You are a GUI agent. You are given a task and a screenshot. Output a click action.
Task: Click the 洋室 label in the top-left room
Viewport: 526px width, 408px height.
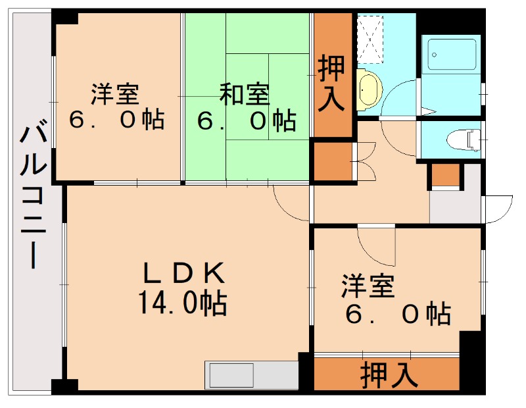[116, 95]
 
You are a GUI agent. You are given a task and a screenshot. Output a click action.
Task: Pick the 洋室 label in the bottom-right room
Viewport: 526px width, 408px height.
[368, 288]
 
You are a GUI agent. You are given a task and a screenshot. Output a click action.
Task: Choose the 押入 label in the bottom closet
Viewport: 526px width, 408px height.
[389, 376]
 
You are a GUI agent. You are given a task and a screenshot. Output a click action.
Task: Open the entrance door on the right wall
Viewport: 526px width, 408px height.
[498, 208]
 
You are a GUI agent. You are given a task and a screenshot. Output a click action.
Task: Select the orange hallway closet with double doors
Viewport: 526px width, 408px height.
[332, 161]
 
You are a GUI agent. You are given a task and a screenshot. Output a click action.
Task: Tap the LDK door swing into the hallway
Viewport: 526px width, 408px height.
[289, 201]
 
